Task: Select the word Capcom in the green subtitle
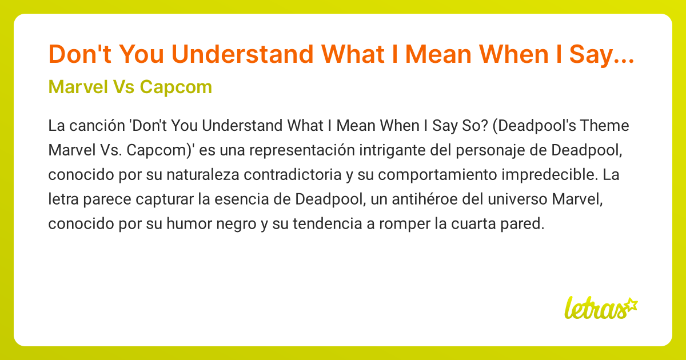tap(177, 87)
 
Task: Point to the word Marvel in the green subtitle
tap(73, 87)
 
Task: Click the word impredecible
tap(539, 175)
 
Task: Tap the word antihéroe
tap(405, 200)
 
